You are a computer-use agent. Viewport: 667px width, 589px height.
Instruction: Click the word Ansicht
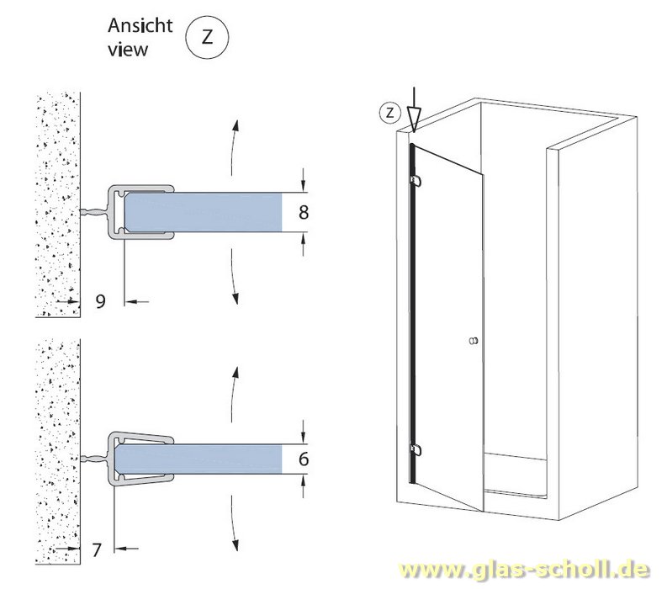click(140, 25)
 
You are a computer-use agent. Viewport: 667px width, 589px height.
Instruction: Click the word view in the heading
click(128, 49)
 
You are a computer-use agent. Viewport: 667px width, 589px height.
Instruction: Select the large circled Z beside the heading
click(206, 38)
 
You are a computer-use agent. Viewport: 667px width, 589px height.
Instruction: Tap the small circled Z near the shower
click(389, 111)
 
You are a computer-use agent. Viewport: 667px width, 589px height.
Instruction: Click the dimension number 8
click(304, 212)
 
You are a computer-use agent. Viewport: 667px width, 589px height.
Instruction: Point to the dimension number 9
click(100, 300)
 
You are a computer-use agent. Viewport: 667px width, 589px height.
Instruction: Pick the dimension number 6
click(304, 459)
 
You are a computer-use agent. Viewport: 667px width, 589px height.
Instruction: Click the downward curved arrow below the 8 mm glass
click(234, 283)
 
